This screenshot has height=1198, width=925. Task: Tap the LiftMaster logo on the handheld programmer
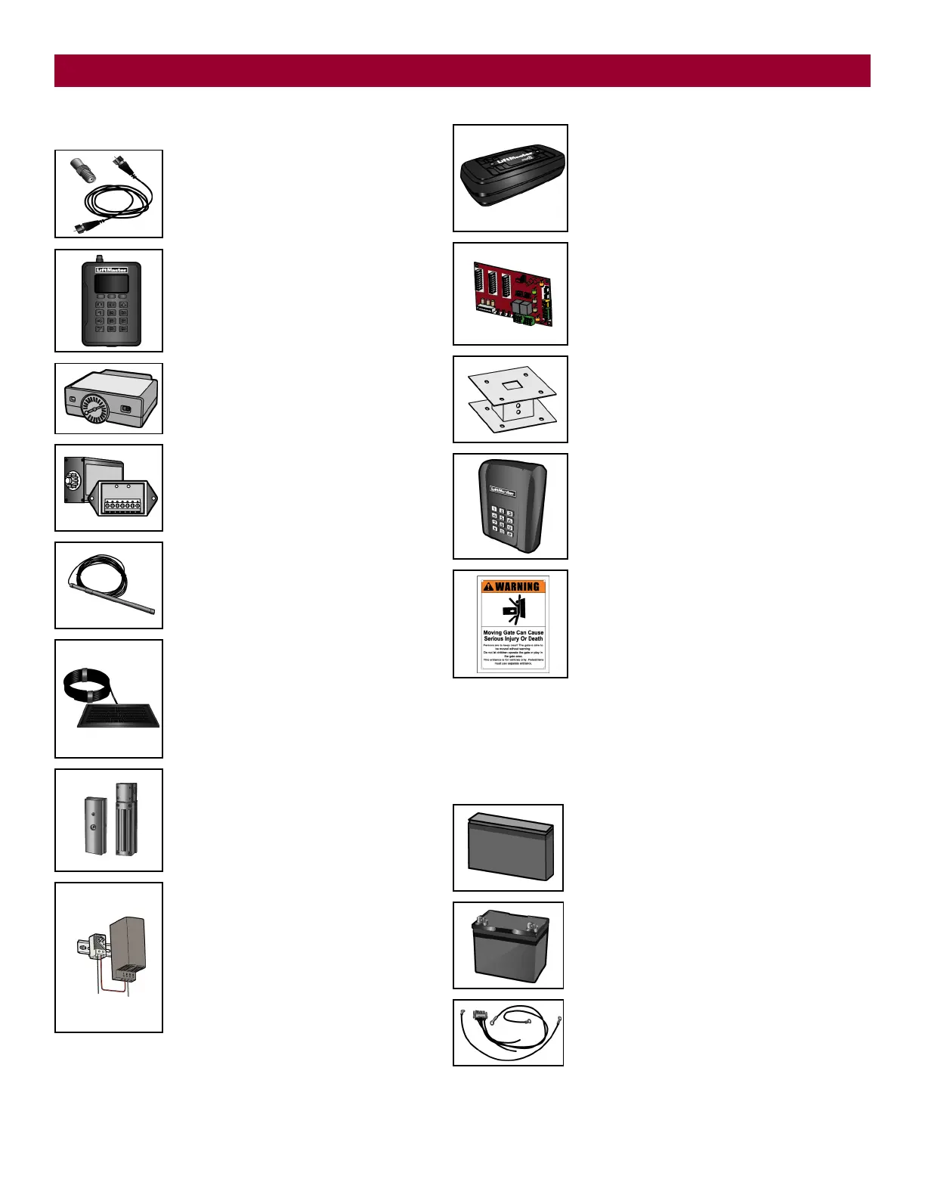pyautogui.click(x=111, y=270)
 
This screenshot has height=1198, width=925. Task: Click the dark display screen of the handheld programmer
pyautogui.click(x=110, y=284)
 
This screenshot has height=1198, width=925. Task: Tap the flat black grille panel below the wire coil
pyautogui.click(x=119, y=715)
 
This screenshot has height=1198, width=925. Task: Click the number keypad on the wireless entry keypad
pyautogui.click(x=502, y=523)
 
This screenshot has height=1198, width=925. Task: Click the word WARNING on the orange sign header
pyautogui.click(x=517, y=586)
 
